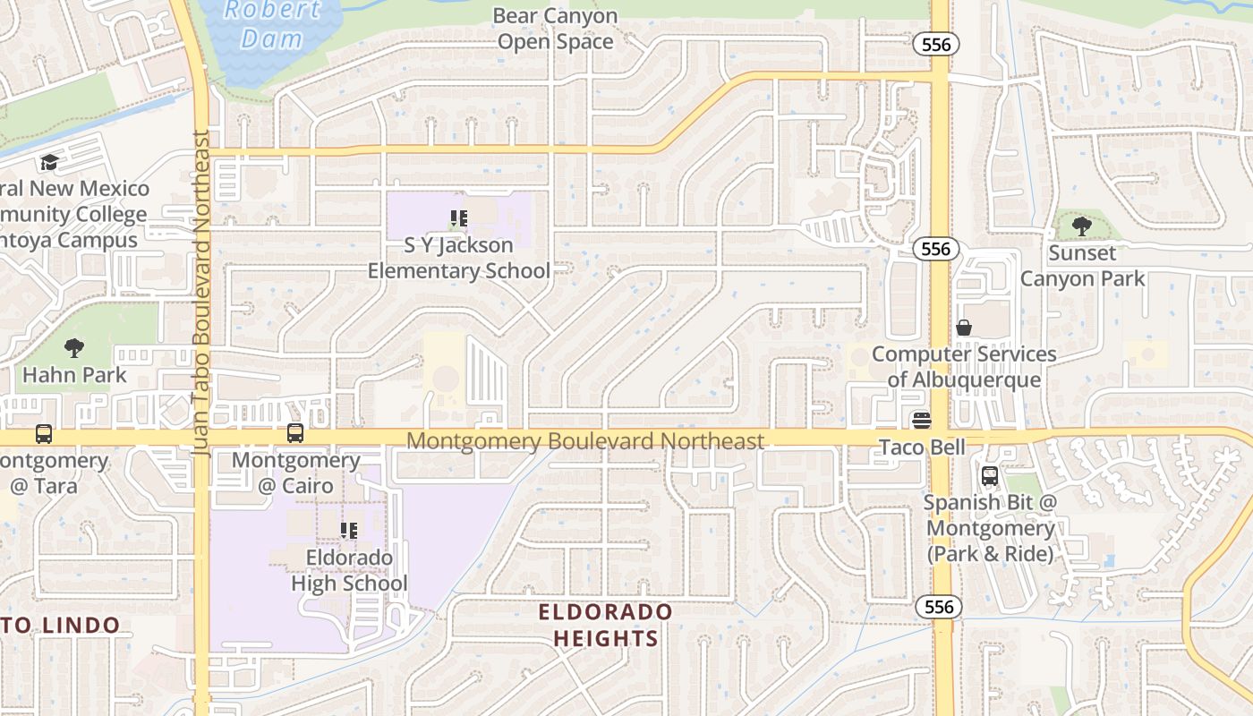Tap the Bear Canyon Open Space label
click(555, 29)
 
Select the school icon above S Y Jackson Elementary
click(459, 217)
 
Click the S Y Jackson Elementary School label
click(459, 258)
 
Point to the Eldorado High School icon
click(349, 530)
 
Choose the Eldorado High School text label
click(349, 570)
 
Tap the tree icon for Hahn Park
click(74, 347)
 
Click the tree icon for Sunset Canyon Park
click(1082, 226)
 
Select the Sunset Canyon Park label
click(1082, 266)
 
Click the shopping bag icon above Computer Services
click(964, 328)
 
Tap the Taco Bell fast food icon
click(922, 420)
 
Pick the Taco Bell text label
click(922, 446)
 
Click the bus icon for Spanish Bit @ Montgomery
click(990, 476)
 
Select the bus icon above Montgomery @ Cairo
click(295, 433)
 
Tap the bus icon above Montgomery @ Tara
click(44, 434)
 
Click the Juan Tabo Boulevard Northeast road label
click(200, 295)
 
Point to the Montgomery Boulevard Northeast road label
click(586, 440)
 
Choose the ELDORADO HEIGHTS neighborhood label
click(605, 625)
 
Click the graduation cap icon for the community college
click(49, 162)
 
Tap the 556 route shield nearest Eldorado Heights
click(939, 607)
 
